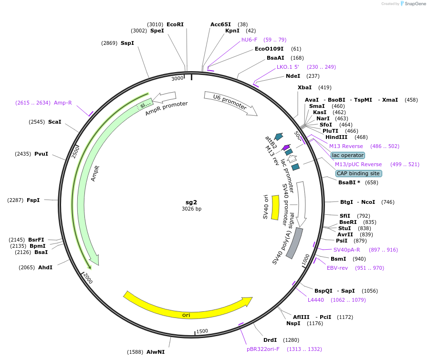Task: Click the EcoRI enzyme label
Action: pos(175,24)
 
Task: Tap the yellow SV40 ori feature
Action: pos(275,207)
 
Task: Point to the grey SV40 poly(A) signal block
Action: pos(294,243)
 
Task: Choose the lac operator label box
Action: pos(348,155)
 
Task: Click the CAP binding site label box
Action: pos(358,173)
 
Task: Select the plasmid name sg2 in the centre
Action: pos(191,202)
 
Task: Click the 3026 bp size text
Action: pos(191,209)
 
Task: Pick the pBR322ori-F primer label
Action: pos(263,349)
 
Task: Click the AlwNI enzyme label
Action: pos(156,352)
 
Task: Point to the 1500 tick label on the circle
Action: pos(202,331)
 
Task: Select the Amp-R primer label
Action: pos(63,103)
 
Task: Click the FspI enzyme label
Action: pos(33,200)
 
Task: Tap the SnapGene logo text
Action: pos(414,4)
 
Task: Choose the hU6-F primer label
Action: pos(249,40)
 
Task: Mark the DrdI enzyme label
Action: pos(270,340)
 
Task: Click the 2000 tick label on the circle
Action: pos(88,278)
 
